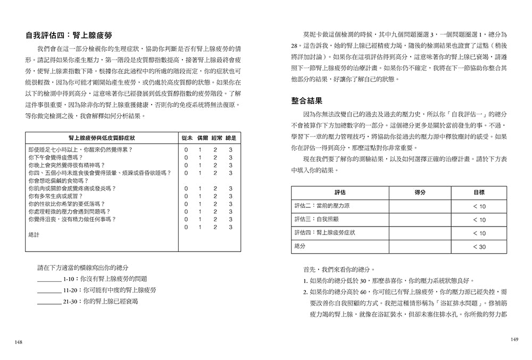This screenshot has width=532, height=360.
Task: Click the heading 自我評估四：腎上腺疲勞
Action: [x=69, y=36]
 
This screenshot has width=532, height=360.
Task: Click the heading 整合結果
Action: [x=310, y=100]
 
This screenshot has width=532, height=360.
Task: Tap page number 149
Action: [x=513, y=340]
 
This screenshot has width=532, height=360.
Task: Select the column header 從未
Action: [x=187, y=137]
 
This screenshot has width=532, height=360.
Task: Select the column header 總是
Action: [x=230, y=137]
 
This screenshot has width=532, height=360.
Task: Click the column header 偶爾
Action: [x=201, y=137]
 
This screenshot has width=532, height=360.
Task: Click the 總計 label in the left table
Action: [x=33, y=235]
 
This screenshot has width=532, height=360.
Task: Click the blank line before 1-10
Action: [x=49, y=279]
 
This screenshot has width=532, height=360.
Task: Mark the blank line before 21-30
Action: [x=49, y=302]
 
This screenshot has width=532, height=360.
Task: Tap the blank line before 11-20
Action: [x=49, y=290]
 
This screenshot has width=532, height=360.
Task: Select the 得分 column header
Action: [x=419, y=192]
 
